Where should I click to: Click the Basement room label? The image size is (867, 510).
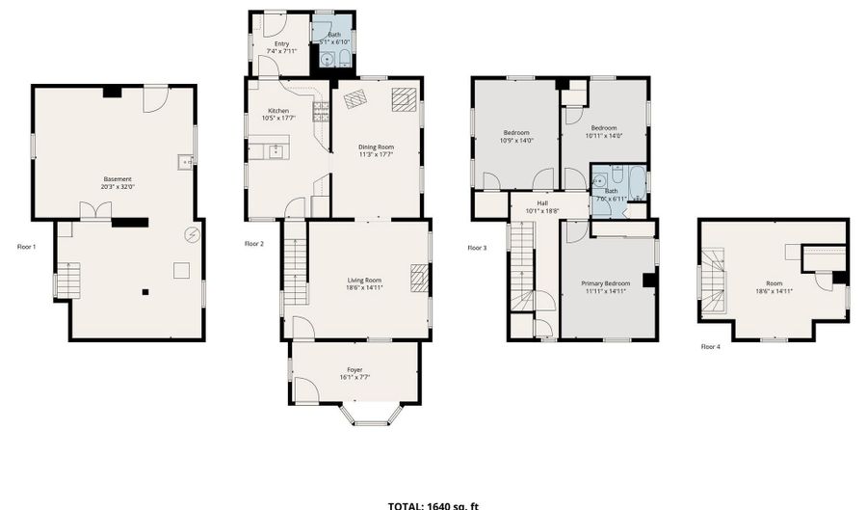118,178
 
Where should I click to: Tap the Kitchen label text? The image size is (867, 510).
278,111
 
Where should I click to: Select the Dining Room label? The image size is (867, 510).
377,147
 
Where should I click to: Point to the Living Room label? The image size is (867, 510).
365,281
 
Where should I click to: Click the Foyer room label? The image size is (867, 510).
355,369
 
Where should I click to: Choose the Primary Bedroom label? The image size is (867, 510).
604,283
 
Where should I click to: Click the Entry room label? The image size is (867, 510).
281,43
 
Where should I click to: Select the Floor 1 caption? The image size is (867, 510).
27,247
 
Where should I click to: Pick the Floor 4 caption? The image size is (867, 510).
710,346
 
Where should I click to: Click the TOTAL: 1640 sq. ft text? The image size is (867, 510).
433,505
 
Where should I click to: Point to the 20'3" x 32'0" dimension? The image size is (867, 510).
118,187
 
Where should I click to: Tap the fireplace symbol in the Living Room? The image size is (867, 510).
419,278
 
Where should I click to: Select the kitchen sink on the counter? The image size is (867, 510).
276,149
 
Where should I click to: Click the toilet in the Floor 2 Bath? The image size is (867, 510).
344,61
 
